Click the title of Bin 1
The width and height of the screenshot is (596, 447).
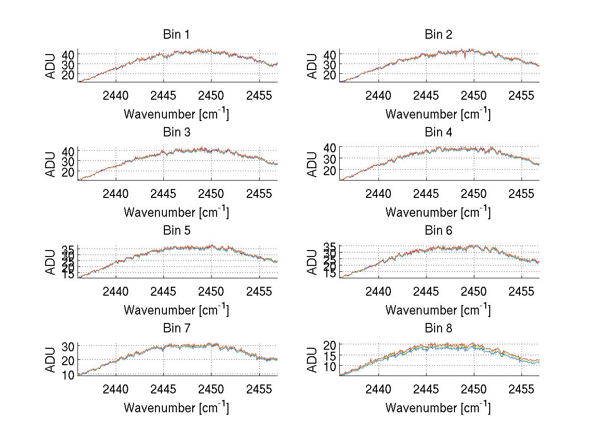[176, 35]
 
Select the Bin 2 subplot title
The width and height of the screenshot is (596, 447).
[439, 35]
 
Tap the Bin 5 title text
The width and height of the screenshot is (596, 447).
[176, 231]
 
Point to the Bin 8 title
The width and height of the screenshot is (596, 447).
[439, 328]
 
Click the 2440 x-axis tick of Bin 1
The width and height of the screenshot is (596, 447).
[116, 95]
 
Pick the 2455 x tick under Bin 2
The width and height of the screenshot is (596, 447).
[521, 95]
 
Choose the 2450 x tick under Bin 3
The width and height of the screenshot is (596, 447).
[211, 193]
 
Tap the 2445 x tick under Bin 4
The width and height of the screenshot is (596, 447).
[426, 193]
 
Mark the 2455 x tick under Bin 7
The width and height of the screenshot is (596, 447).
[259, 389]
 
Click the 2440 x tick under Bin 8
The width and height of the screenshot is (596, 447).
[378, 389]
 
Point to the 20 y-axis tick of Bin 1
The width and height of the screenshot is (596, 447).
[68, 75]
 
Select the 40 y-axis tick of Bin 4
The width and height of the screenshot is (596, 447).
[330, 147]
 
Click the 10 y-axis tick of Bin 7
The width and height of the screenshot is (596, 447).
[68, 374]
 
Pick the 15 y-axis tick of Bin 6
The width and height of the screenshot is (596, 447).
[330, 274]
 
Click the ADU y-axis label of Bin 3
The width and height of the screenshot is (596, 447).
[51, 164]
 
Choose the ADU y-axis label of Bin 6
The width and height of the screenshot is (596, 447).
[312, 262]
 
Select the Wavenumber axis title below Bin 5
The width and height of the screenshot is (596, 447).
[176, 310]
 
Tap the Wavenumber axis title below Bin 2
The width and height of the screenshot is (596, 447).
[438, 114]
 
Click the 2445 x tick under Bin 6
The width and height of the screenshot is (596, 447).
[426, 291]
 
